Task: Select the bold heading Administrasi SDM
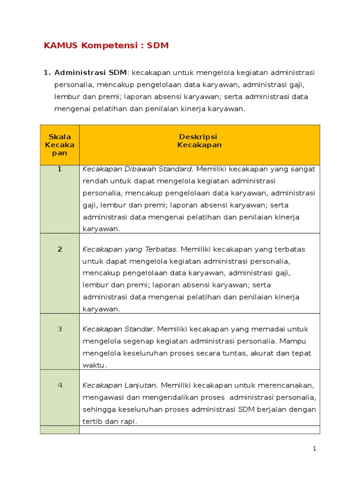point(90,73)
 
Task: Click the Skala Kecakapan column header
point(60,145)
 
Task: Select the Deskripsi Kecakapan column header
point(199,141)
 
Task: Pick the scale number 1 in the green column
point(60,169)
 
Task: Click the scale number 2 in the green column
point(60,249)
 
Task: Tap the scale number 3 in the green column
point(60,329)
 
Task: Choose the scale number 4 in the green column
point(60,385)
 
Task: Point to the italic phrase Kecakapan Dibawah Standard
point(138,169)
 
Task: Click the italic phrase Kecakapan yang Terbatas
point(130,249)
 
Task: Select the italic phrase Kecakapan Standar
point(119,329)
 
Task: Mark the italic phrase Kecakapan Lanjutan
point(120,385)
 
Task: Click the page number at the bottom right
point(315,449)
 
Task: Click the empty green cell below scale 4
point(60,429)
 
